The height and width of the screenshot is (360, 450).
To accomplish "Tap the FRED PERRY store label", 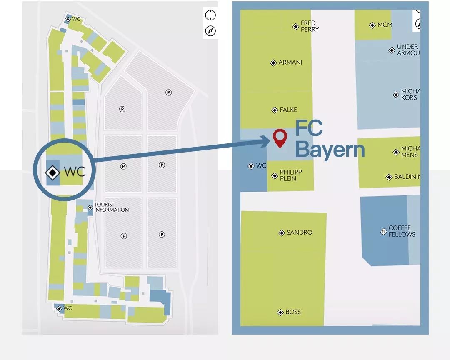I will (310, 26).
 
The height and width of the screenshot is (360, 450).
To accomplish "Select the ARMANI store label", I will (290, 62).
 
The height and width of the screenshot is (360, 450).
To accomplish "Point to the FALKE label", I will (288, 110).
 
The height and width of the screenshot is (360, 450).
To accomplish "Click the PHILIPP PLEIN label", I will (291, 175).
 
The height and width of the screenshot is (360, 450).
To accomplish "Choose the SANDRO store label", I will (299, 232).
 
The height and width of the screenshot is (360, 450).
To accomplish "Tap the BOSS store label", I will (293, 312).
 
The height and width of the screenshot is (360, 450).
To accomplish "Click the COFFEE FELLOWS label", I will (402, 231).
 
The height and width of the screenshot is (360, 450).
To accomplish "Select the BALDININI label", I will (407, 177).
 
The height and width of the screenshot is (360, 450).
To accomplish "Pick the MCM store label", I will (385, 25).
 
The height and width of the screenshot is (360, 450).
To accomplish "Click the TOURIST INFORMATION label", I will (111, 207).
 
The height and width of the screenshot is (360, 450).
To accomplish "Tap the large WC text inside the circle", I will (75, 172).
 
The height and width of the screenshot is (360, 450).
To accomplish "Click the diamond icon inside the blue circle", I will (52, 172).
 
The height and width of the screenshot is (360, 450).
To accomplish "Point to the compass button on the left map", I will (210, 31).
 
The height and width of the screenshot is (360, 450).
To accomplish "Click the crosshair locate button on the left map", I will (210, 15).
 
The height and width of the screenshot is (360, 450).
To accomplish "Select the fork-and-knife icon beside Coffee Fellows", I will (383, 232).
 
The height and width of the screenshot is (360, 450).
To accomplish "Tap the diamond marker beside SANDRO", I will (282, 233).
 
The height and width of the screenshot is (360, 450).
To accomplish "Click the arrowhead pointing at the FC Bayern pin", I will (267, 141).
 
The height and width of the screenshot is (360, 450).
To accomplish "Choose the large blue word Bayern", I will (330, 149).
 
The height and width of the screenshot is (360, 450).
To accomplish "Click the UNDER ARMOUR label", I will (407, 50).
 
